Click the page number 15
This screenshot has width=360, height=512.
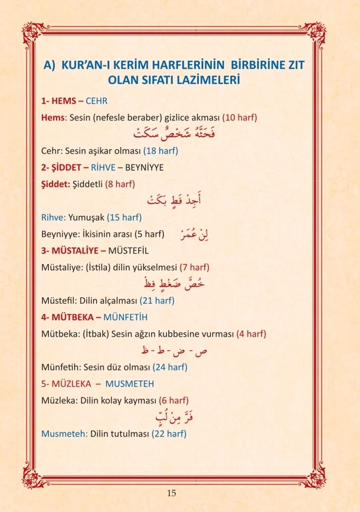[171, 493]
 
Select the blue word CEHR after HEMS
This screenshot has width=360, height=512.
[97, 101]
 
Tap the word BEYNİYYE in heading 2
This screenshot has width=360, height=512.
[144, 168]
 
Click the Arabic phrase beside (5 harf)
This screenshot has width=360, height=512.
[197, 234]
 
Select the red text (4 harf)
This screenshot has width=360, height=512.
[251, 334]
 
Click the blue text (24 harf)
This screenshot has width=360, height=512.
[170, 367]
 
